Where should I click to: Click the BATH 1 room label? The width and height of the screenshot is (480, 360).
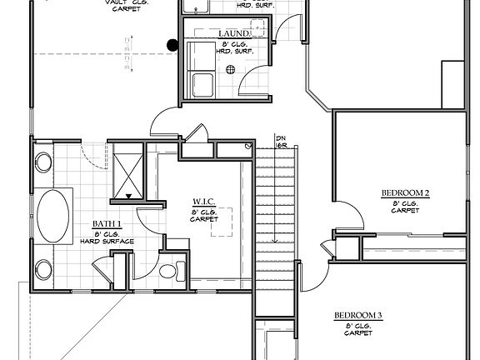tap(107, 224)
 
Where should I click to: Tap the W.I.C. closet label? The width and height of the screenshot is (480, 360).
tap(205, 202)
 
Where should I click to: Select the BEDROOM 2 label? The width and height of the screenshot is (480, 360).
tap(405, 193)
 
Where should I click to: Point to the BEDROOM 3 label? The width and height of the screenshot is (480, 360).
tap(358, 315)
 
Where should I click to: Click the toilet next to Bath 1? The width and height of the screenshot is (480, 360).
tap(172, 269)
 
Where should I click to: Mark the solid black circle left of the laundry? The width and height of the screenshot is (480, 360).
tap(172, 46)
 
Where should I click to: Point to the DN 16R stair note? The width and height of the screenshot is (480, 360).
tap(281, 142)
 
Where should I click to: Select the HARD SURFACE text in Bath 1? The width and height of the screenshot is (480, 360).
tap(107, 242)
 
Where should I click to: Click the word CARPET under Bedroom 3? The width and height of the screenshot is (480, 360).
tap(358, 333)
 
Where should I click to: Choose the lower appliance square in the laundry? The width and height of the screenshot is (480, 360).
tap(202, 83)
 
